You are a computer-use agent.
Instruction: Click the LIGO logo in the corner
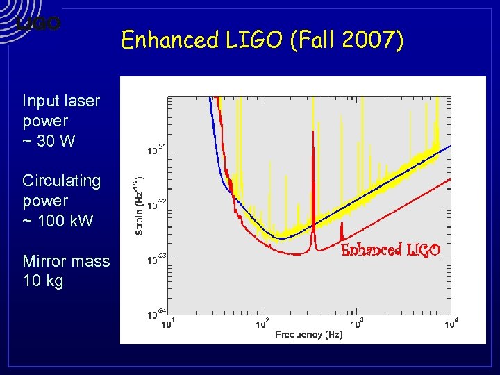[x=39, y=23]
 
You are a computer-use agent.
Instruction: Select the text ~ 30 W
[x=49, y=141]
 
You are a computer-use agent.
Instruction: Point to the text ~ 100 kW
[x=58, y=222]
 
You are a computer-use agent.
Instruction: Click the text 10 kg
[x=43, y=281]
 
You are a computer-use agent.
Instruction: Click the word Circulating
[x=61, y=181]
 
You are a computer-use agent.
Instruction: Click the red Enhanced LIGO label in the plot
[x=391, y=250]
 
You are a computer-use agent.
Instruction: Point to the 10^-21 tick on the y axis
[x=156, y=149]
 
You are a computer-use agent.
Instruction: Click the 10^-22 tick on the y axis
[x=156, y=204]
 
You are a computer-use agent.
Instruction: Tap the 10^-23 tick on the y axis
[x=156, y=260]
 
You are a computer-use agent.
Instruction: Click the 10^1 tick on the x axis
[x=167, y=324]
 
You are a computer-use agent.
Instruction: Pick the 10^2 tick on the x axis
[x=262, y=324]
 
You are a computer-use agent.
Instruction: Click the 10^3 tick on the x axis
[x=357, y=324]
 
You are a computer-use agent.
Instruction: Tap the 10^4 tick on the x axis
[x=451, y=324]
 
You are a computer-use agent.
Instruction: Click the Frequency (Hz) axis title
[x=309, y=335]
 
